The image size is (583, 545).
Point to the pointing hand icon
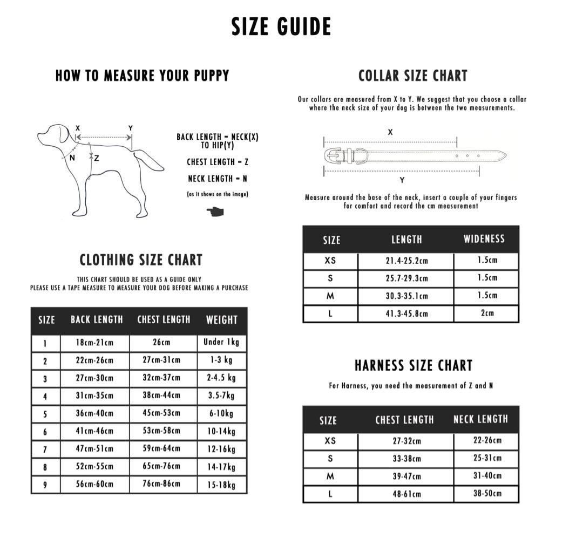215,210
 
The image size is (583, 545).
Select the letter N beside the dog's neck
72,158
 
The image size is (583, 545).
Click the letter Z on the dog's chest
97,158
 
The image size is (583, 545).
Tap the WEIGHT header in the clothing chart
221,320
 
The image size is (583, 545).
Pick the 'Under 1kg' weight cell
221,342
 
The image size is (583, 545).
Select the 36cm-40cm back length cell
94,413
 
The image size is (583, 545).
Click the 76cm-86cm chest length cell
162,483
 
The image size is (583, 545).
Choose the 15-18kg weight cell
221,485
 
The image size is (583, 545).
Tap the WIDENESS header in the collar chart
484,239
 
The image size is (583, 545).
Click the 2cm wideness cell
487,313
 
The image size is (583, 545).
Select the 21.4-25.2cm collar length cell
406,261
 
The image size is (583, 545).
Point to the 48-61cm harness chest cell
406,494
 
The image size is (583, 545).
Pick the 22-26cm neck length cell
487,440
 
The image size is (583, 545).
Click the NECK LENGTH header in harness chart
480,419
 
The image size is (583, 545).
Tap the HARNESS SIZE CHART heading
413,366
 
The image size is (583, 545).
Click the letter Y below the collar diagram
402,180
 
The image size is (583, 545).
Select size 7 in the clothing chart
45,449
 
